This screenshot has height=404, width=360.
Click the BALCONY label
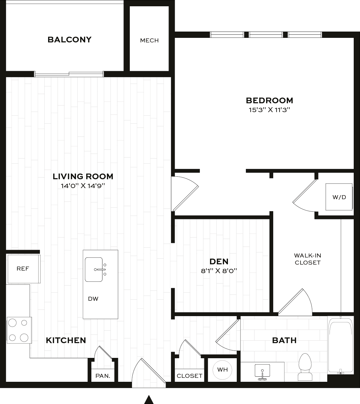[x=69, y=40]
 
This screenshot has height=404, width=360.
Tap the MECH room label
[x=149, y=40]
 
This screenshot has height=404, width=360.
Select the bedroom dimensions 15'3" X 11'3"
[x=269, y=110]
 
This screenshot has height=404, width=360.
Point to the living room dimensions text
[x=83, y=186]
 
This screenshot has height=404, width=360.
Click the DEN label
[x=219, y=261]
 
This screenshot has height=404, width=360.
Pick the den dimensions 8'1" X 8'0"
[x=219, y=271]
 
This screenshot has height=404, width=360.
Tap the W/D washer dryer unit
[x=339, y=197]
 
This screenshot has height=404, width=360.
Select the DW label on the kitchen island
[x=93, y=299]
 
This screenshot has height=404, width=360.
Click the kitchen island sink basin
[x=94, y=269]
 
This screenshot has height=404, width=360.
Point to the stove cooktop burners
[x=19, y=330]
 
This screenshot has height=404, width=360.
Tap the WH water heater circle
[x=222, y=370]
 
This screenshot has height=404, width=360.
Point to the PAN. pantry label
[x=103, y=376]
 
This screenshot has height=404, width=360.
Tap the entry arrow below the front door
[x=149, y=400]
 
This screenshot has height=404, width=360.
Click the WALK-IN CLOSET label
[x=308, y=259]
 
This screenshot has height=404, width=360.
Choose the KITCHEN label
[x=66, y=340]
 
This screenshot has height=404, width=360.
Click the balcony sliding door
[x=69, y=74]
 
